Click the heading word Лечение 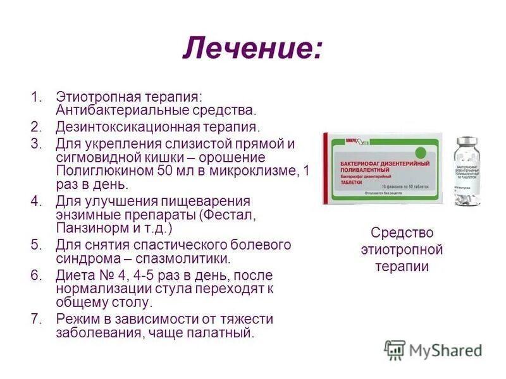(252, 48)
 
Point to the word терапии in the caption (402, 267)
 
